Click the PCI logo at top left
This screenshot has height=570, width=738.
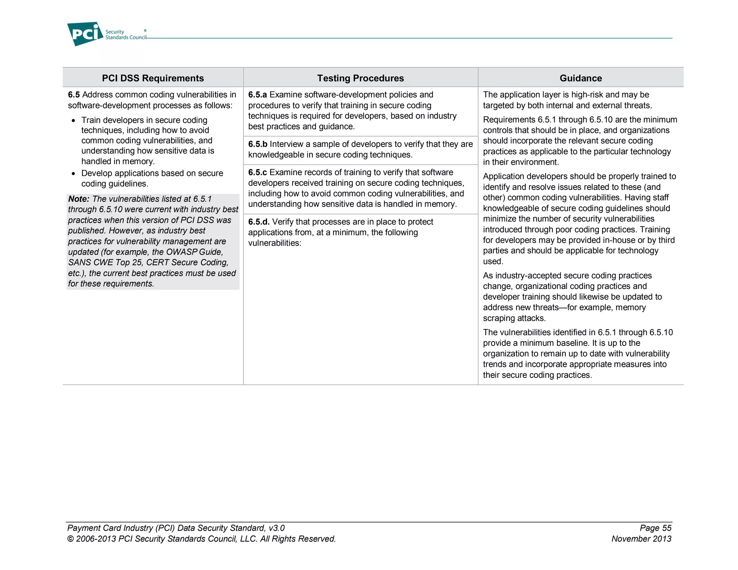coord(85,34)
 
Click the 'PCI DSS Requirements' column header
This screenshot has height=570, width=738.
coord(153,78)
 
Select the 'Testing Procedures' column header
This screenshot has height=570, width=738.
coord(360,78)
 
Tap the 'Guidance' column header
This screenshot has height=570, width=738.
coord(581,78)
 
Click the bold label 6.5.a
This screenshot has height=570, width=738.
coord(257,95)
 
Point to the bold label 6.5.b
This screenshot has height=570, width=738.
coord(258,144)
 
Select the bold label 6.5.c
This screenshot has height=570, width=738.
coord(257,172)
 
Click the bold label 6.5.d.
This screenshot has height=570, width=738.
coord(259,222)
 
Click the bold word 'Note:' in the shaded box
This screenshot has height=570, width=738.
coord(79,199)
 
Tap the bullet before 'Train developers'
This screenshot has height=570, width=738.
coord(74,121)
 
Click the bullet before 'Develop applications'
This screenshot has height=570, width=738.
coord(74,174)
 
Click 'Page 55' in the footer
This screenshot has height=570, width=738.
coord(655,528)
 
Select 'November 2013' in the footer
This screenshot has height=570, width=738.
coord(641,539)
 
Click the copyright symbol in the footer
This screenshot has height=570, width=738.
coord(71,539)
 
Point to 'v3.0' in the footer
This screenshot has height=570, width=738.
coord(276,528)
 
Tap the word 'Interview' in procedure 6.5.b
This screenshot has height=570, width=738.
coord(286,144)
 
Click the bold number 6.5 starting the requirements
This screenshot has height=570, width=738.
coord(74,95)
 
